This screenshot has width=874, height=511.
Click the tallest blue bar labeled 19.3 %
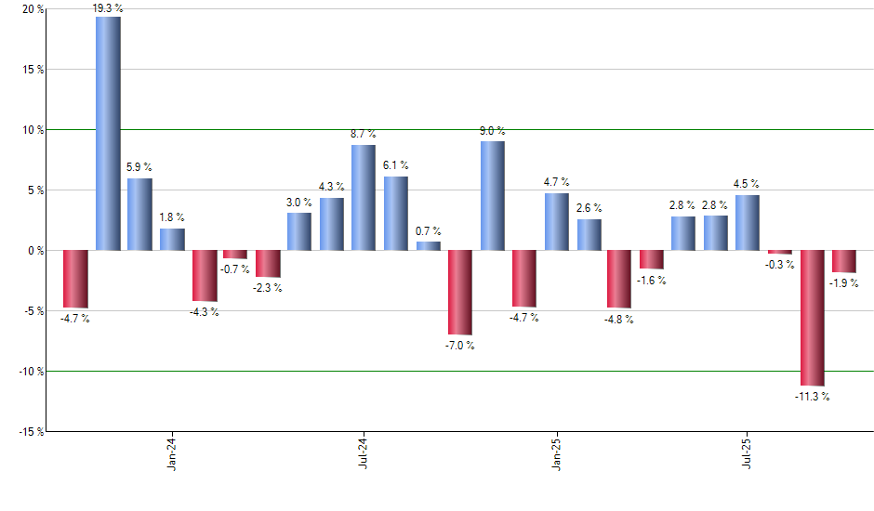(108, 134)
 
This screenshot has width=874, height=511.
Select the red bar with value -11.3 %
(812, 318)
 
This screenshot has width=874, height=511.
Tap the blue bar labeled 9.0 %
(493, 195)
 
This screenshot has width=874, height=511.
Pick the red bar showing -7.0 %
(460, 292)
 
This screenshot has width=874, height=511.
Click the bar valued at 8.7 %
(364, 197)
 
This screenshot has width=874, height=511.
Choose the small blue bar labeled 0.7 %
(428, 245)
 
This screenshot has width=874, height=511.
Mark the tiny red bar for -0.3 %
(780, 252)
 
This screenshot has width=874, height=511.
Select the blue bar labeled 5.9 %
(139, 214)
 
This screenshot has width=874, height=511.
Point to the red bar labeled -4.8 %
(619, 279)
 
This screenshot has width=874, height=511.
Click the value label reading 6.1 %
(396, 165)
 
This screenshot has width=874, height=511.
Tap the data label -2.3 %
(268, 288)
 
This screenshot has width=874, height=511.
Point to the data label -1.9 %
(845, 283)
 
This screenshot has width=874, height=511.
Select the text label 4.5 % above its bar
(747, 184)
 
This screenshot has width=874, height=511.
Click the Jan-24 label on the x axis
(171, 452)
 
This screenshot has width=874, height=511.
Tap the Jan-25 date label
(556, 452)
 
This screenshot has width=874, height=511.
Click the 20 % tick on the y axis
(33, 9)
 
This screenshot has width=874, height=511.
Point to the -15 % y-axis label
(31, 431)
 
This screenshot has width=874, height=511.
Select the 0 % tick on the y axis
(36, 251)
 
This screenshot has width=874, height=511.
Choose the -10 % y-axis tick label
(31, 371)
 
